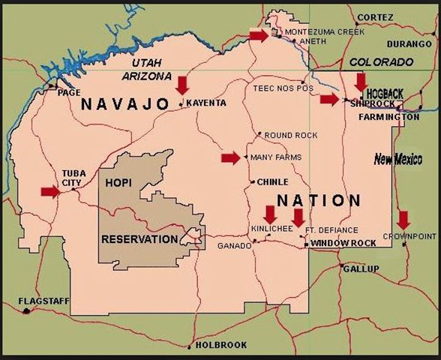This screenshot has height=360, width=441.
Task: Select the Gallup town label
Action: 363,268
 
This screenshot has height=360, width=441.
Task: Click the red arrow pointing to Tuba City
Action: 50,191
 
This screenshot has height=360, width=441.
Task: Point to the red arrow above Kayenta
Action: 182,84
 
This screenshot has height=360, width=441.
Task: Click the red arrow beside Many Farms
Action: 231,157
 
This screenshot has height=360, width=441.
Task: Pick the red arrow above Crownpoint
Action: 403,220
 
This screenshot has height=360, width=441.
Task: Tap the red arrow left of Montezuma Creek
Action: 259,35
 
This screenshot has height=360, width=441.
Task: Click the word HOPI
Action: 118,183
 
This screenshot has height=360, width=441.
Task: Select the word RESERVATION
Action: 139,239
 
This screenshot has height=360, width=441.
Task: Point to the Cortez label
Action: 376,16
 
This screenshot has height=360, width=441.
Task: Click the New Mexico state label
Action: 398,159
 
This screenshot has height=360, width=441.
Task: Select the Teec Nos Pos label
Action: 276,88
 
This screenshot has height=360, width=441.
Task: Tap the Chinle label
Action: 273,181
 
